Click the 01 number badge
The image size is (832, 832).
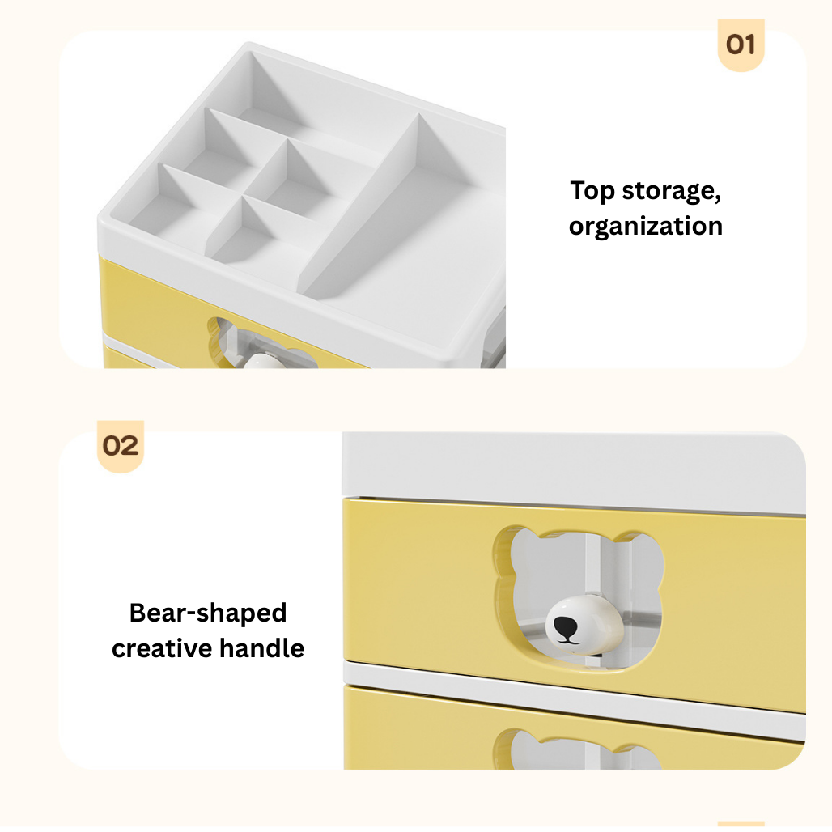tap(741, 45)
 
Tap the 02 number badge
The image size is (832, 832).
tap(121, 446)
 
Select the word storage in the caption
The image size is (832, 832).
tap(671, 193)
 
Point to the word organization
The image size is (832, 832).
tap(645, 226)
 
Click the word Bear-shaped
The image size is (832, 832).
tap(208, 613)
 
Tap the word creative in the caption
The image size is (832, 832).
tap(163, 648)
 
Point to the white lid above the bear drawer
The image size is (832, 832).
tap(567, 469)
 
